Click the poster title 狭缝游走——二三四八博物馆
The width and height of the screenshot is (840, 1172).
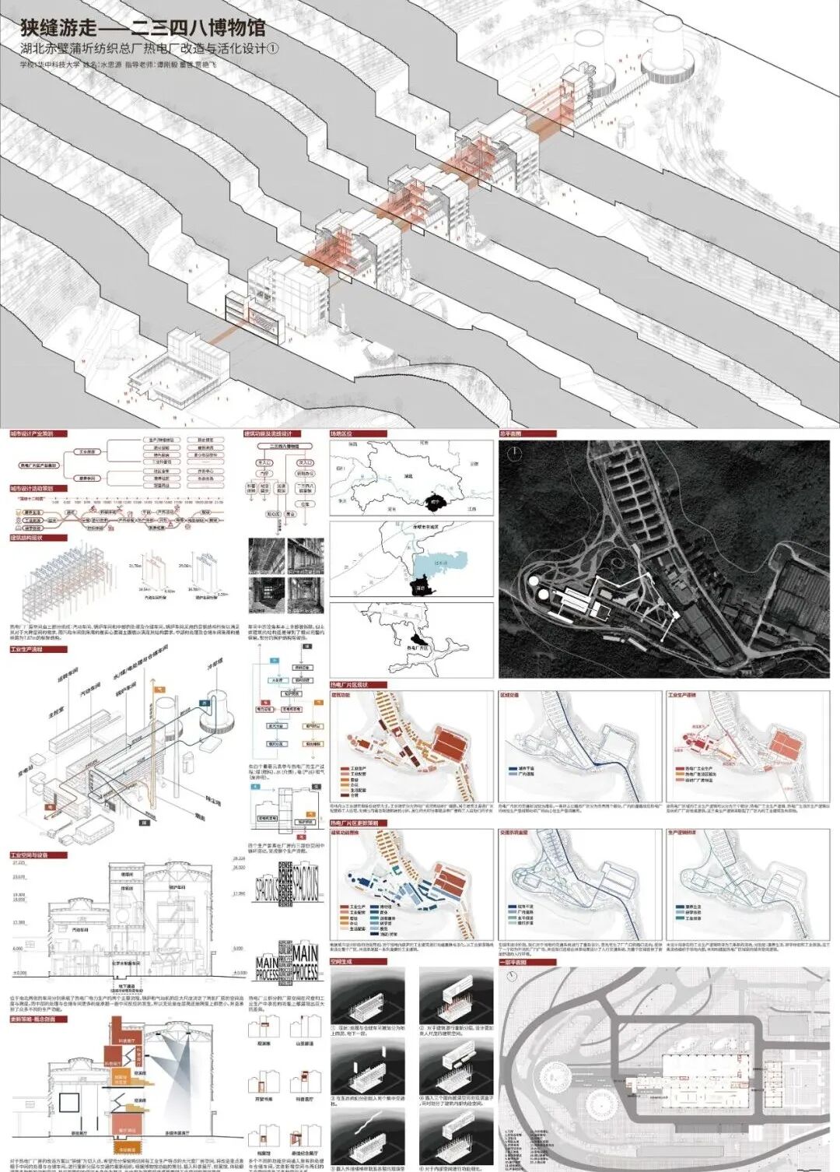(x=143, y=28)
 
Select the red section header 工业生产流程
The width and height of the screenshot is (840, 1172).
(x=26, y=649)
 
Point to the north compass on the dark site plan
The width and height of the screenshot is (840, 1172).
(x=514, y=455)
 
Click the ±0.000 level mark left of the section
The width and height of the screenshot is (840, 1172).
(x=19, y=973)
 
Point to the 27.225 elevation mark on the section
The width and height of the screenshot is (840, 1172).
(x=19, y=862)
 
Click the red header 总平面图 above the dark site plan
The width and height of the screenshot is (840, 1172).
(x=512, y=433)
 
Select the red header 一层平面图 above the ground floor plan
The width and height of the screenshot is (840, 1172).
(x=513, y=962)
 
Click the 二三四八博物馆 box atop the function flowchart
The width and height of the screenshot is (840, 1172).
(x=284, y=447)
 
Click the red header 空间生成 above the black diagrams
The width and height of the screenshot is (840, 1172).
(x=341, y=962)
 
